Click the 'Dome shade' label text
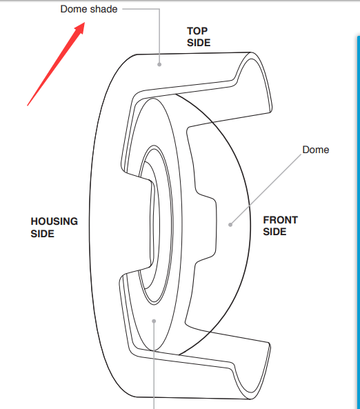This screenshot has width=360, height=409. pos(89,9)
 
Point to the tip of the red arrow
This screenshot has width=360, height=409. pos(85,23)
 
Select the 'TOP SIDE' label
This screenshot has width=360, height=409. pos(199,37)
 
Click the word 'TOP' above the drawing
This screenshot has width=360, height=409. pos(197,31)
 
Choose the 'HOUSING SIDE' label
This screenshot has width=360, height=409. pos(54,227)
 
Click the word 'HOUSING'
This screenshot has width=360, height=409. pos(54,221)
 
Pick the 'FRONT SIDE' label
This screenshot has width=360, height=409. pos(280,226)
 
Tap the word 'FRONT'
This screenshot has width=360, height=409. pos(280,220)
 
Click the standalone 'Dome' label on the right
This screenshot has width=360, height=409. pos(316,150)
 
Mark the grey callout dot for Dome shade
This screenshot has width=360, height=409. pos(159,64)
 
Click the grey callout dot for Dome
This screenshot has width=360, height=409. pos(230,225)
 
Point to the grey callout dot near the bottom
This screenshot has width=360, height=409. pos(154,321)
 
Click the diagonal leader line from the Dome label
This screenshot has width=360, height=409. pos(266,190)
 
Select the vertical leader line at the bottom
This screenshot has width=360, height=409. pos(154,365)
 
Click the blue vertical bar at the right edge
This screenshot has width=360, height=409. pos(358,221)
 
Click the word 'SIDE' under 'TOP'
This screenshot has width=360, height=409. pos(199,43)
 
